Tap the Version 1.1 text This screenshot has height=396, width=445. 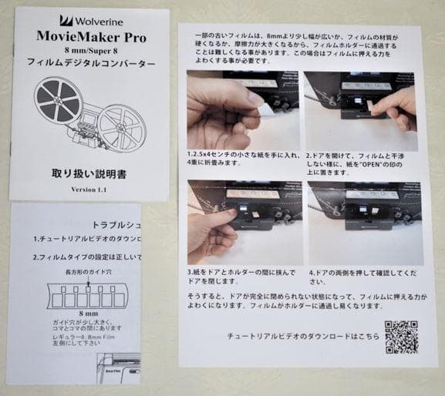pyautogui.click(x=91, y=190)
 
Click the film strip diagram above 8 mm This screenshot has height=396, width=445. pyautogui.click(x=86, y=296)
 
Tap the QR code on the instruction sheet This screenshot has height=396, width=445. pyautogui.click(x=401, y=336)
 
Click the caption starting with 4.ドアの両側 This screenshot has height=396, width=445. pyautogui.click(x=356, y=277)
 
